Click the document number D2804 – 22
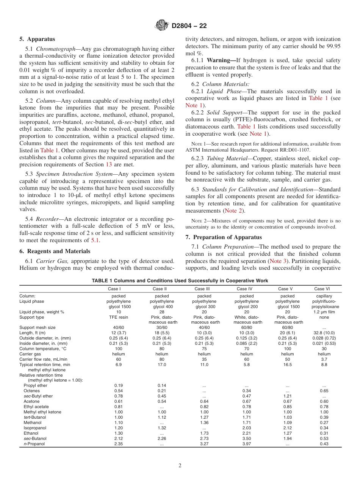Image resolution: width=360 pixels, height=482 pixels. coord(189,26)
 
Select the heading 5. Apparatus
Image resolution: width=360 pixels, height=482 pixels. coord(37,39)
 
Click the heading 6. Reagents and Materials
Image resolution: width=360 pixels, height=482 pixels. coord(55,251)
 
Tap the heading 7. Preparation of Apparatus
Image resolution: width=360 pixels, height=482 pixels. coord(224,237)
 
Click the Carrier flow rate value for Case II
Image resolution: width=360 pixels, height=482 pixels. coord(162,359)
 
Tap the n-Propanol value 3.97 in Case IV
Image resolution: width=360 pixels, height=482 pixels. coord(246,444)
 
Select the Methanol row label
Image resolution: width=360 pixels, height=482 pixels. coord(33,423)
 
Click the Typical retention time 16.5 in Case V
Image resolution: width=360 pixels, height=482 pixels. coord(287,365)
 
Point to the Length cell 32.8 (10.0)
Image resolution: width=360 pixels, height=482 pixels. coord(324,333)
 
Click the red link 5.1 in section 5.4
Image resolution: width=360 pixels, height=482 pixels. coord(95,240)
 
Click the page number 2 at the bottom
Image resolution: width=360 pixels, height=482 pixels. coord(180,465)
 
